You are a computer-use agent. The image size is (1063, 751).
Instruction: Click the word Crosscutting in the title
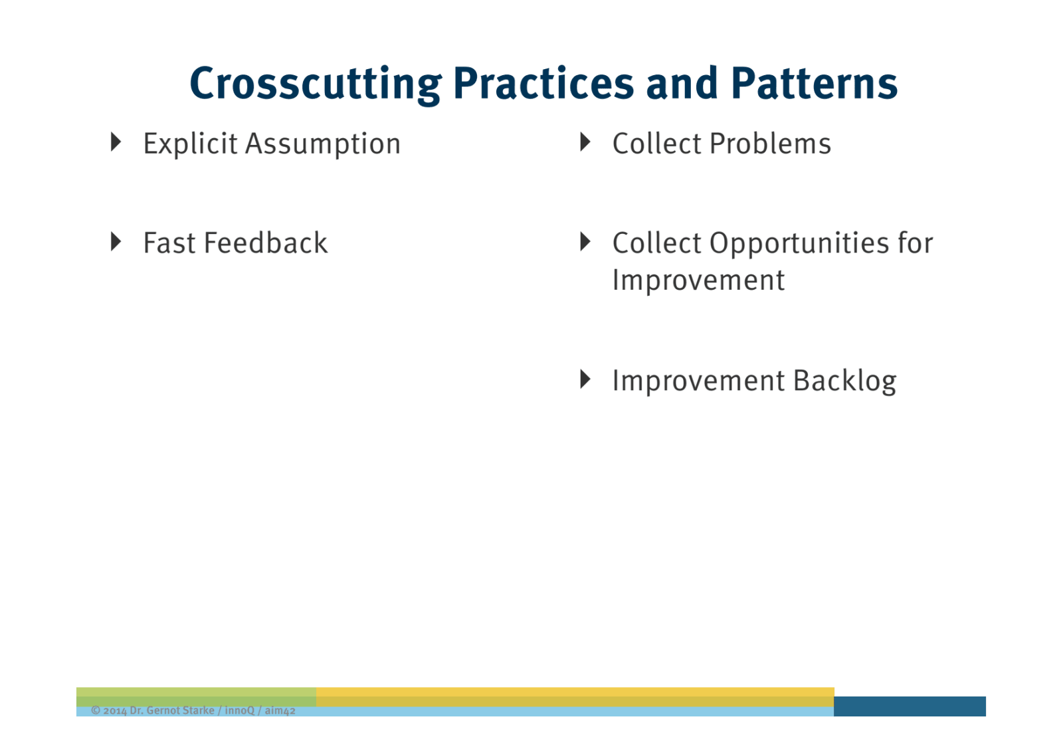coord(316,84)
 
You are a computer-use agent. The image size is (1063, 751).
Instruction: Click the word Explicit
coord(190,144)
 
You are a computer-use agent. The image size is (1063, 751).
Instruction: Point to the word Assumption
coord(323,144)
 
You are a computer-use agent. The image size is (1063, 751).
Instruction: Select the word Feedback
coord(266,243)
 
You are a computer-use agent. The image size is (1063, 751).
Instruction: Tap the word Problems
coord(770,144)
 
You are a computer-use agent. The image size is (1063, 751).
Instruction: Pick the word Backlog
coord(844,381)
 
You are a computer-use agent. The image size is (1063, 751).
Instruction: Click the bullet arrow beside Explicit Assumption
coord(116,142)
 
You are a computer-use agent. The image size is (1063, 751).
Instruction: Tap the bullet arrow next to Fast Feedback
coord(116,241)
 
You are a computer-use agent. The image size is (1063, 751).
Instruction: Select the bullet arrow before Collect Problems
coord(585,142)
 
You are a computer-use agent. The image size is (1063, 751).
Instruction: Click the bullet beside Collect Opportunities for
coord(585,241)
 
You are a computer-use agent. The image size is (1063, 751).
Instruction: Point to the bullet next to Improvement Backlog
coord(585,379)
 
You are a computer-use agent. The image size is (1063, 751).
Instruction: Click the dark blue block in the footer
coord(910,706)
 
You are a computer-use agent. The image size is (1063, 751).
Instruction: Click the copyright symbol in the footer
coord(96,710)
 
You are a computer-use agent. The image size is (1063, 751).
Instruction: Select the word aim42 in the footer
coord(280,710)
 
